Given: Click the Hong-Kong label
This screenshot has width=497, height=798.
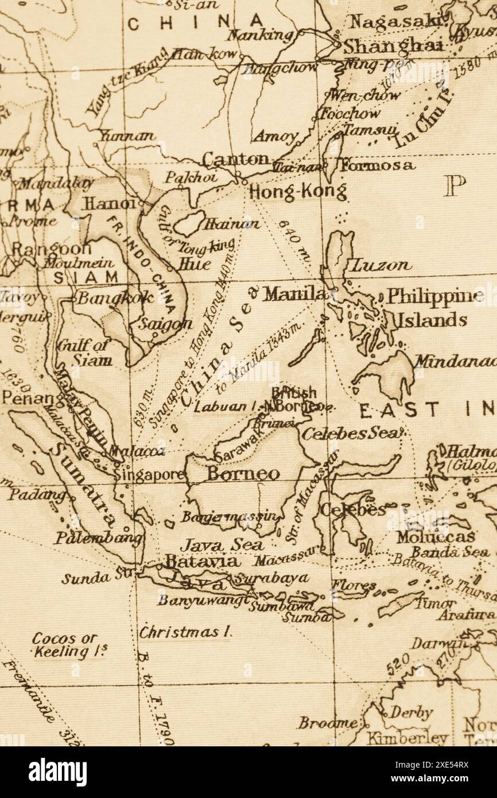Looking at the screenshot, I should (x=298, y=191).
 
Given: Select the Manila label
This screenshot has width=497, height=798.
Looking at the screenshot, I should (x=294, y=295).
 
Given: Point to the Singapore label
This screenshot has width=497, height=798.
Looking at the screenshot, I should (x=149, y=475).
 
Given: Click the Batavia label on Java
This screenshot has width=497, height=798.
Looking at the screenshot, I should (x=201, y=561).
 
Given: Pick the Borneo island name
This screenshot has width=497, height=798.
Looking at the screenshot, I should (x=243, y=474).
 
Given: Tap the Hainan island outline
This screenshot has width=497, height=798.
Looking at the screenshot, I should (x=189, y=223).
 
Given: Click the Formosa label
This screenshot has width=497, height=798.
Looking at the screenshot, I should (x=376, y=166).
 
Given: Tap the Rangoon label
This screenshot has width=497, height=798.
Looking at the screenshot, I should (x=51, y=249).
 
